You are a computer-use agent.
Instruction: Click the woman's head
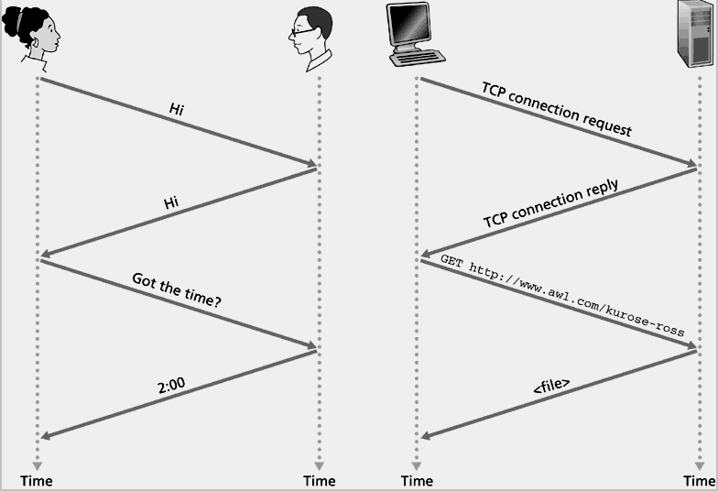(x=31, y=30)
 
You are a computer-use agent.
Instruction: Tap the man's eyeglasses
(x=302, y=32)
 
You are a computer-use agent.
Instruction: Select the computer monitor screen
(x=408, y=24)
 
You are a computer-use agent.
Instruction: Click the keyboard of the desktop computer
(x=418, y=59)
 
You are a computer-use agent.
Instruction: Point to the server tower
(x=695, y=34)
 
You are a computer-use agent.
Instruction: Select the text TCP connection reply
(x=551, y=203)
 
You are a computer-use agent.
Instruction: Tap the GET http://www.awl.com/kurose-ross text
(x=562, y=295)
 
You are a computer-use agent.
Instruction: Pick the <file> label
(x=551, y=386)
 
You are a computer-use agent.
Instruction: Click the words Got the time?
(x=177, y=289)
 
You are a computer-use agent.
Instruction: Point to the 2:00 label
(x=171, y=385)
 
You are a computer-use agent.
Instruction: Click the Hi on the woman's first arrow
(x=177, y=109)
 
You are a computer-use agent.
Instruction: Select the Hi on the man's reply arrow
(x=171, y=202)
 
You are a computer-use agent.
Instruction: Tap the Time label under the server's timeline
(x=700, y=481)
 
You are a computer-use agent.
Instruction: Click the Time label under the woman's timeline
(x=37, y=481)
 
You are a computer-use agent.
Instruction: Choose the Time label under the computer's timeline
(x=417, y=481)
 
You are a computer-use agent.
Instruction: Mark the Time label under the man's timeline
(x=319, y=481)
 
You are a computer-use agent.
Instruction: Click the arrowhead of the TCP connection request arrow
(x=691, y=163)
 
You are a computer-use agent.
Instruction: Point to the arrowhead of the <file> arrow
(x=426, y=436)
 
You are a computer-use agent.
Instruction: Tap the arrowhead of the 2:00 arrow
(x=46, y=436)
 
